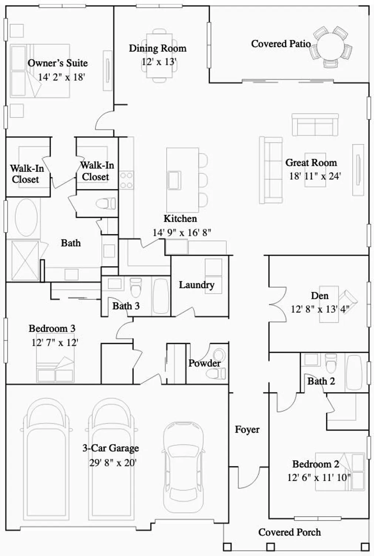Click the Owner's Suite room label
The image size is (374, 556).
tap(58, 63)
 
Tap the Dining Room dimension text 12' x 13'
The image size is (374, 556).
tap(159, 62)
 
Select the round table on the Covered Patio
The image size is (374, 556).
tap(331, 46)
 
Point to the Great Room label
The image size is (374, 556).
tap(311, 163)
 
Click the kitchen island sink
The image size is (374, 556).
tap(174, 180)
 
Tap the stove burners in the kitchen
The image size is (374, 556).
tap(126, 180)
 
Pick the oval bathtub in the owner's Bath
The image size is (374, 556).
tap(26, 218)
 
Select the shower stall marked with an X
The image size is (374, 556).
tap(25, 260)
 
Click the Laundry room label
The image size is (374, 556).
tap(196, 285)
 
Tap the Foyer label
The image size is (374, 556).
tap(247, 430)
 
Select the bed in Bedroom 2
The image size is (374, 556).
tap(340, 471)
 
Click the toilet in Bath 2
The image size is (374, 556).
tap(331, 363)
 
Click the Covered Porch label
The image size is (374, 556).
tap(289, 532)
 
